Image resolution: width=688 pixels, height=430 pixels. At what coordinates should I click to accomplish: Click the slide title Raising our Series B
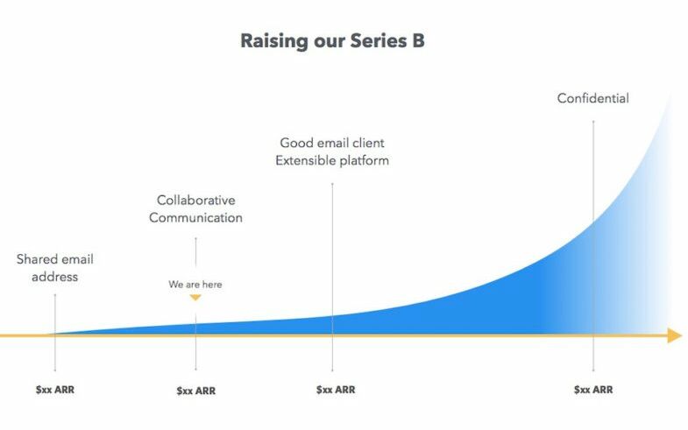[332, 42]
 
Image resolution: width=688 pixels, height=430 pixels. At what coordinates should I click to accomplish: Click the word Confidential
[592, 98]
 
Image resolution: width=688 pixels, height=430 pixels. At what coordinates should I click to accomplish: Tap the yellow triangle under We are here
[195, 298]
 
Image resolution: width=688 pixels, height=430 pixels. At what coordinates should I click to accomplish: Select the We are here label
[195, 285]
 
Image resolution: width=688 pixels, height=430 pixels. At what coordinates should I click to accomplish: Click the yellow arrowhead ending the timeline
[674, 335]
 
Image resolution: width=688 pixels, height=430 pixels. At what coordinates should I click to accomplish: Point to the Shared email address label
[55, 268]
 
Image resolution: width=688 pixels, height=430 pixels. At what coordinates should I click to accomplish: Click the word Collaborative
[195, 201]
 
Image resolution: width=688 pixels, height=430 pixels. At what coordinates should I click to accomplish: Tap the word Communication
[195, 218]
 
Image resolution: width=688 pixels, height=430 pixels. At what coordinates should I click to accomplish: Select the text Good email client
[332, 143]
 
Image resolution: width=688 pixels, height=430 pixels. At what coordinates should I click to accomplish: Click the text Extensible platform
[332, 161]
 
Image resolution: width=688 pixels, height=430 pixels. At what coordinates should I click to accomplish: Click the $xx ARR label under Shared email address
[55, 390]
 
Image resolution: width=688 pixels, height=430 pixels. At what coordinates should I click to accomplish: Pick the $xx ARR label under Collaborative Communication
[196, 391]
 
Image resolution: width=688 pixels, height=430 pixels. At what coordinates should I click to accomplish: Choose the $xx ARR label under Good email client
[336, 390]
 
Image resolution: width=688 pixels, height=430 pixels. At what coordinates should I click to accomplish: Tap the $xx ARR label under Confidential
[593, 390]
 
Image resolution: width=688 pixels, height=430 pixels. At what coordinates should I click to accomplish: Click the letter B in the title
[418, 41]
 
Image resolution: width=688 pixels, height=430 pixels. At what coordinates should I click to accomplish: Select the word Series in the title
[379, 41]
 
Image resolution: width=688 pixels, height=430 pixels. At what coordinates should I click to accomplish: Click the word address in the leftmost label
[55, 277]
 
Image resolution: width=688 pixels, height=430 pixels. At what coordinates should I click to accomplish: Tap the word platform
[365, 161]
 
